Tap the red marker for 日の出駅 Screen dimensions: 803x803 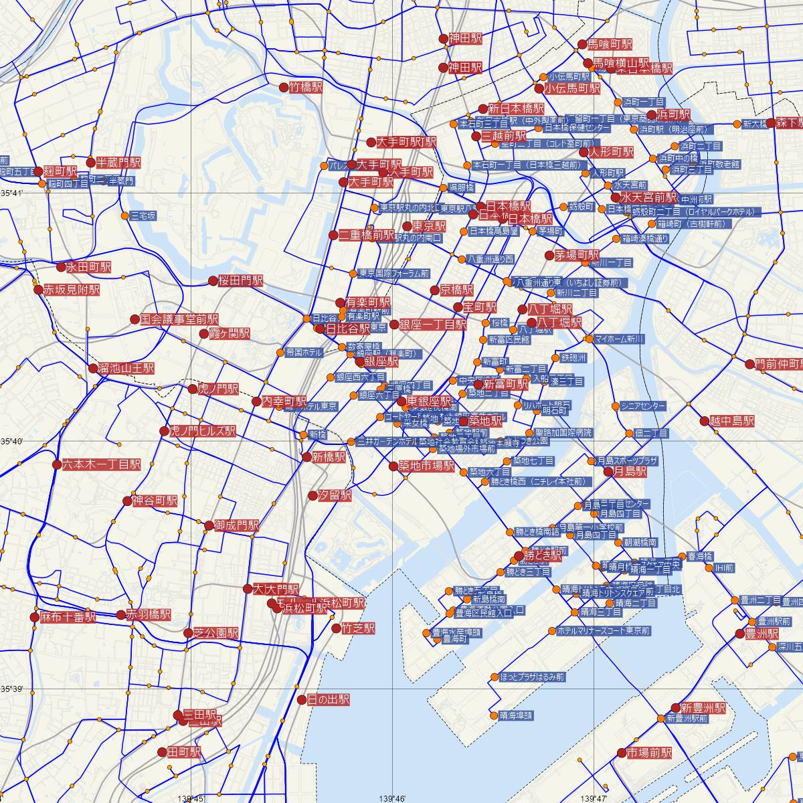coord(301,700)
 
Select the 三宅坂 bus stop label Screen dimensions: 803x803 coord(144,215)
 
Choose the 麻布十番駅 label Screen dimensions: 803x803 coord(68,617)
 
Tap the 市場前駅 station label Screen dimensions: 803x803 coord(649,753)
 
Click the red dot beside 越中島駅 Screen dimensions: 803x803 coord(704,421)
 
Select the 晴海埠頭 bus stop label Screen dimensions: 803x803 coord(516,715)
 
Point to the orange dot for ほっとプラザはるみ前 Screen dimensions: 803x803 coord(494,677)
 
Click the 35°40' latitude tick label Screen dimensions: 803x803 coord(11,442)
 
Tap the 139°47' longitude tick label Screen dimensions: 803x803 coord(593,798)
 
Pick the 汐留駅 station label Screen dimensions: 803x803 coord(335,496)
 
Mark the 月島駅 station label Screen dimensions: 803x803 coord(631,472)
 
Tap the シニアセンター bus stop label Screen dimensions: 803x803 coord(643,406)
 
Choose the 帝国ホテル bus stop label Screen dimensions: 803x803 coord(304,352)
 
